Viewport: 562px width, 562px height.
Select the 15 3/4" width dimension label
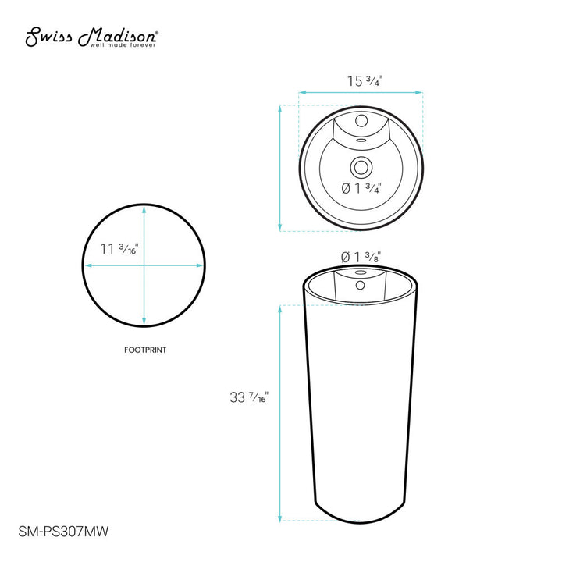click(362, 80)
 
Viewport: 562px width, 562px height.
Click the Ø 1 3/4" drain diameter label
click(360, 188)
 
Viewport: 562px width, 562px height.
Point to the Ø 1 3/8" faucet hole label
click(360, 256)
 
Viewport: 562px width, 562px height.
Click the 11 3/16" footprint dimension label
click(119, 250)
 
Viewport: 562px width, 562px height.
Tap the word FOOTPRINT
click(145, 350)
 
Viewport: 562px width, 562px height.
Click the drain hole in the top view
click(361, 166)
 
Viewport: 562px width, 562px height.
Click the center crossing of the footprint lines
click(145, 266)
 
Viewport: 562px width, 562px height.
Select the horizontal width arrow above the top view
click(361, 94)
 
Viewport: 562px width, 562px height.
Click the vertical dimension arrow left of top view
click(280, 168)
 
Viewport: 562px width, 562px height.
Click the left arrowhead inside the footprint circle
click(88, 266)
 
